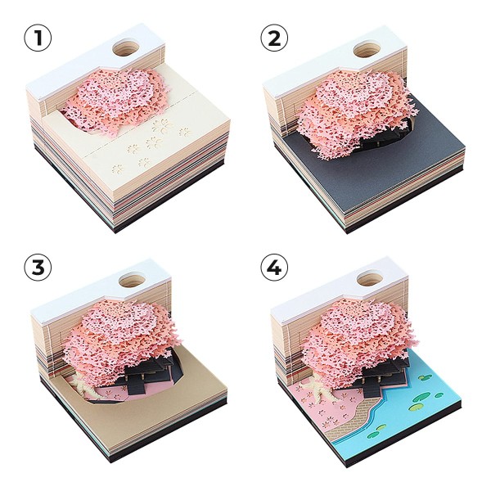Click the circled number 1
click(38, 38)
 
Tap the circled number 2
click(274, 38)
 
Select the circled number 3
click(38, 268)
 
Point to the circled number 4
click(274, 268)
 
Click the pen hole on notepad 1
click(126, 47)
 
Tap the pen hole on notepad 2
click(367, 49)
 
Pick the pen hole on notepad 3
click(132, 280)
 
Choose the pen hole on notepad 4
click(370, 278)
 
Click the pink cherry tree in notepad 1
click(115, 101)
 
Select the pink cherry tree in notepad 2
click(355, 113)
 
